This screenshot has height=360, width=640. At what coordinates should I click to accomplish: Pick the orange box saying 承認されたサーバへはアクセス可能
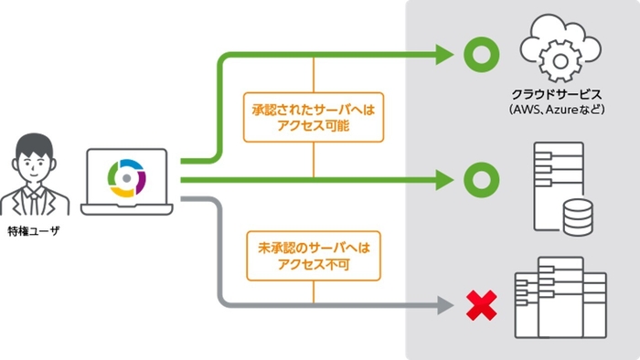click(314, 116)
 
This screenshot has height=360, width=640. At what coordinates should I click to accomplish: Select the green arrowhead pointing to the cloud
click(444, 55)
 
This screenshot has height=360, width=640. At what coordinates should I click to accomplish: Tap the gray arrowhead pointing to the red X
click(444, 305)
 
